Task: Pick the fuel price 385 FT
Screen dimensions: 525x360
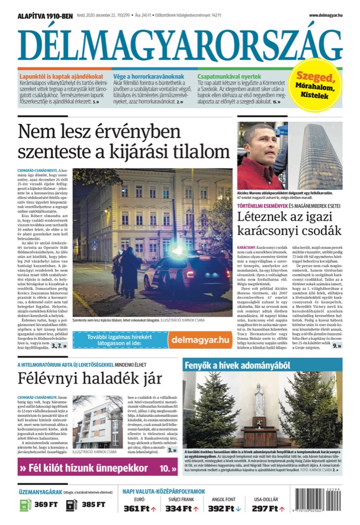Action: coord(93,504)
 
